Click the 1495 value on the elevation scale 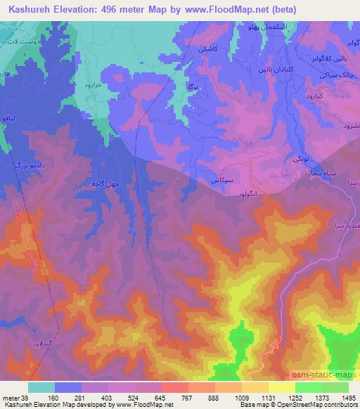pyautogui.click(x=347, y=398)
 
